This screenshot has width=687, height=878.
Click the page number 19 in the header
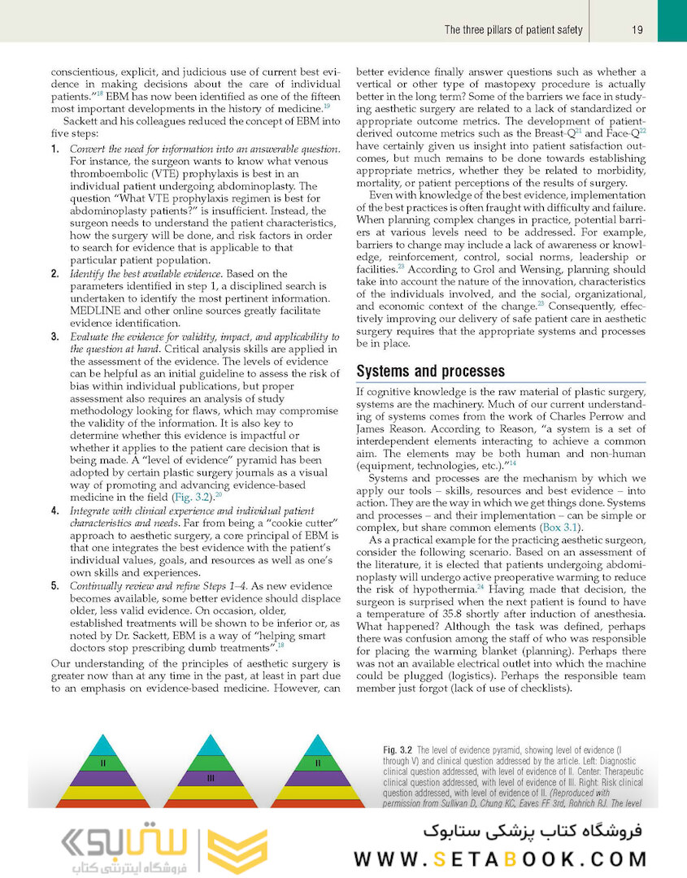click(637, 30)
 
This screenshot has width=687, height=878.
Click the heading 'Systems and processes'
click(431, 372)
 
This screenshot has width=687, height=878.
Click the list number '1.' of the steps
click(55, 150)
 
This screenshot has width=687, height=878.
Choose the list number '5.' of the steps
click(55, 585)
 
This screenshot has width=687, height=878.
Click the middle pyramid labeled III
click(210, 776)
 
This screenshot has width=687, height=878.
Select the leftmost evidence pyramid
click(103, 772)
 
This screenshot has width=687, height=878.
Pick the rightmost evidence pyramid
click(317, 772)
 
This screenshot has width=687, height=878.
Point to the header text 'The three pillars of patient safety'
click(513, 30)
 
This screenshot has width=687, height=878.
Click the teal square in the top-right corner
click(672, 20)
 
